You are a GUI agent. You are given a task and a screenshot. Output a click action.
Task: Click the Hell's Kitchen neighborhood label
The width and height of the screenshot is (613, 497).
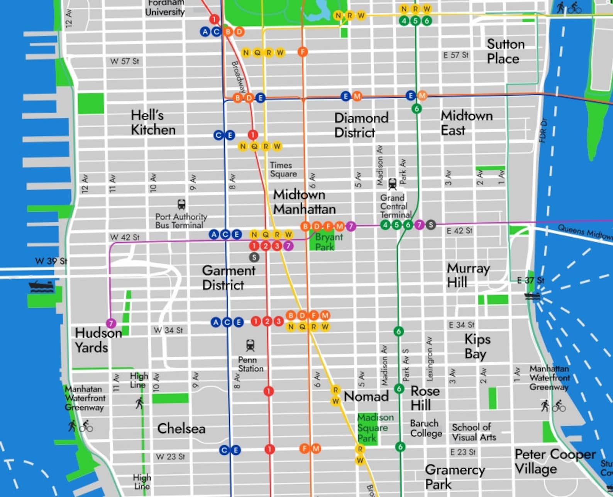[x=153, y=122]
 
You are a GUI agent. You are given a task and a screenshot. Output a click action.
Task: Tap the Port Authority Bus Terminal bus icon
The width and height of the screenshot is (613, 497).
[x=181, y=205]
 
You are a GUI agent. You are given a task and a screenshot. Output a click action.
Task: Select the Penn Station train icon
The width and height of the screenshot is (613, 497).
[x=250, y=345]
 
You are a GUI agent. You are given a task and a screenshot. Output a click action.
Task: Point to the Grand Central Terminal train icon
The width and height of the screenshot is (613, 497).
[x=392, y=184]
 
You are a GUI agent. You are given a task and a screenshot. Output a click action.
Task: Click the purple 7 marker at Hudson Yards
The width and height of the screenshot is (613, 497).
[x=111, y=323]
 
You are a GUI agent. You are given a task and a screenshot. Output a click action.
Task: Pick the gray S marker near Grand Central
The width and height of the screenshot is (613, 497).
[x=431, y=225]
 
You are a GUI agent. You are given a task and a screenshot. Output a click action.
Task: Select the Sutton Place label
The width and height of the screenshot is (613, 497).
[x=505, y=51]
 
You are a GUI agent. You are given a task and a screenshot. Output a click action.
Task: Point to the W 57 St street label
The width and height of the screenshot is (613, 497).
[x=124, y=61]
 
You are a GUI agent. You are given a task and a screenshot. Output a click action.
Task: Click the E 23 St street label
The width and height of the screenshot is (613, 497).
[x=463, y=452]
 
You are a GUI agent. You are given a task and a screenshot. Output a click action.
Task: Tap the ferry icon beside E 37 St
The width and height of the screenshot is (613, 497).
[x=532, y=296]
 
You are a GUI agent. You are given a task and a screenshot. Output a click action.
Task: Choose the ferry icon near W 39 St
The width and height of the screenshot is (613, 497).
[x=41, y=286]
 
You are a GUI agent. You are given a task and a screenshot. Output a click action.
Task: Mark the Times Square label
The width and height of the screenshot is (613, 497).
[x=283, y=169]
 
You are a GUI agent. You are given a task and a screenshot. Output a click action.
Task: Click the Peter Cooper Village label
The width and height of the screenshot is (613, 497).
[x=555, y=461]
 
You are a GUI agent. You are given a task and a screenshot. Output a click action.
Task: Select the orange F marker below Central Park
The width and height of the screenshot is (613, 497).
[x=303, y=52]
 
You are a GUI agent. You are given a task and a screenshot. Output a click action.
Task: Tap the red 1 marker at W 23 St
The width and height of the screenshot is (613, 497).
[x=269, y=449]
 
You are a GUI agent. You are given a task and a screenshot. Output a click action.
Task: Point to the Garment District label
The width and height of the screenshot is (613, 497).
[x=228, y=277]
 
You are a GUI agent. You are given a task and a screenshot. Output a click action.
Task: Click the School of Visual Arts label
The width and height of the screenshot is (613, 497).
[x=474, y=432]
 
